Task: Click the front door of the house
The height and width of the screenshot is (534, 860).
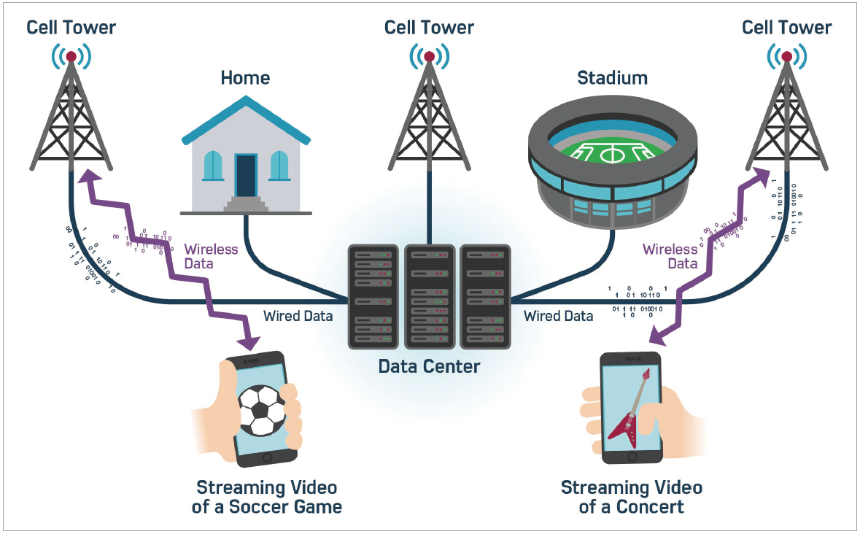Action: [246, 176]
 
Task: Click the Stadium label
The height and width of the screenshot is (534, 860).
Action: [612, 78]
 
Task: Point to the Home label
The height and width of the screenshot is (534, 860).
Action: [245, 78]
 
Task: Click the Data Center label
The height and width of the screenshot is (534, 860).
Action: [429, 365]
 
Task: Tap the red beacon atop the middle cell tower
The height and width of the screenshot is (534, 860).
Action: [429, 56]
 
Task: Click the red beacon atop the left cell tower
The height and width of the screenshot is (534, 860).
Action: [71, 56]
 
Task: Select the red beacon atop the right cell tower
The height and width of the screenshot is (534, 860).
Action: [786, 56]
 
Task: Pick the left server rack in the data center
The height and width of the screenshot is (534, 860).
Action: [373, 295]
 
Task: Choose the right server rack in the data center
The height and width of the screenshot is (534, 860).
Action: [484, 295]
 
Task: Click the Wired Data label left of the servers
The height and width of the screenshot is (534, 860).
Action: [298, 317]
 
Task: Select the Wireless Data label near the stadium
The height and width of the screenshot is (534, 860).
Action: [670, 257]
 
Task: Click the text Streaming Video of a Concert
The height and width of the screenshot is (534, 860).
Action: [631, 497]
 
